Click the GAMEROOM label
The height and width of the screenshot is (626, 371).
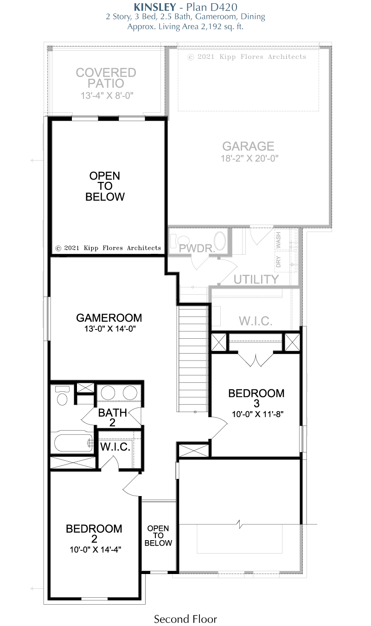click(109, 318)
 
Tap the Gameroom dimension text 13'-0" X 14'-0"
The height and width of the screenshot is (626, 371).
click(110, 329)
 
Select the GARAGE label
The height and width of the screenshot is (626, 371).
click(248, 146)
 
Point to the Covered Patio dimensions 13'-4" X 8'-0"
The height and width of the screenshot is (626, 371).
click(107, 96)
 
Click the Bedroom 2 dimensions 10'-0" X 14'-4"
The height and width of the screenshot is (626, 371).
click(95, 549)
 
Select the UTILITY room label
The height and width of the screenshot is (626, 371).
click(256, 279)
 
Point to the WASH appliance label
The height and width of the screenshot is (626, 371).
click(278, 240)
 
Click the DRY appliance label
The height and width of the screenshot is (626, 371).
click(278, 262)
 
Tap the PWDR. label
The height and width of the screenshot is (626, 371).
click(197, 248)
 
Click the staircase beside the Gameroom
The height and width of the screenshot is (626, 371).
click(193, 359)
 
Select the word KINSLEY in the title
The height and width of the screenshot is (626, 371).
click(155, 6)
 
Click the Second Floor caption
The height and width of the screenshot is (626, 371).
click(185, 619)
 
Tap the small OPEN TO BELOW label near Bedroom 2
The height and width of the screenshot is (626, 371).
click(158, 536)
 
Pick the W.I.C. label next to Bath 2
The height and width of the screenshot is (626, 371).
click(115, 446)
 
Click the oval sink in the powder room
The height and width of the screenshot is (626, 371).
click(220, 241)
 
